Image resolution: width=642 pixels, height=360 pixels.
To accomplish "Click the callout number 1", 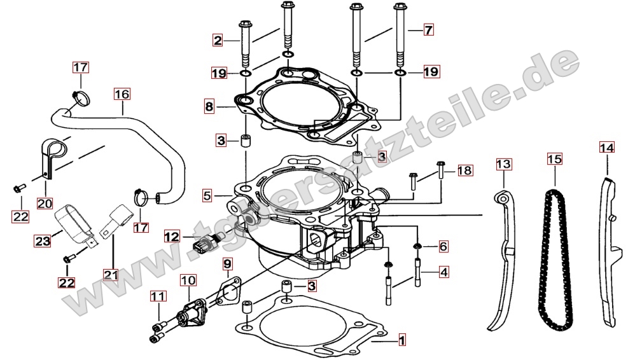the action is coord(401,340).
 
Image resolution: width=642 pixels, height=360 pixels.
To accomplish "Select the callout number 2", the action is coord(218,40).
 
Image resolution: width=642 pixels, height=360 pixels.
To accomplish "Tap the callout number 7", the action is coord(428,29).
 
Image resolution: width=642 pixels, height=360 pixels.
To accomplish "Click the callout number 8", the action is coord(209,107).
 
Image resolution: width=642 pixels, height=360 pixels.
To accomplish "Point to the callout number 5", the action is coord(207,195).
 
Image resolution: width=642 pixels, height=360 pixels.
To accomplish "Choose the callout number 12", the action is coord(172,237).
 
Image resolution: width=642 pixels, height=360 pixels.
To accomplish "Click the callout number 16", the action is coord(122,94).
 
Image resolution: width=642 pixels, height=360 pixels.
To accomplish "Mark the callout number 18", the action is coord(464,170).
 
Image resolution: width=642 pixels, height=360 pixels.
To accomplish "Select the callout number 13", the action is coord(503,164).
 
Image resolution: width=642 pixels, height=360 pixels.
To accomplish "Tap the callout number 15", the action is coord(555,159).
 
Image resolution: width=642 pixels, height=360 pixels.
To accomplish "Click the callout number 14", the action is coord(607,148).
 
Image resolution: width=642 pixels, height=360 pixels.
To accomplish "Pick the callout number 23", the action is coord(43,241).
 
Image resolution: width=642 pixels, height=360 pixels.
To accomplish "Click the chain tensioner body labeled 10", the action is coord(190,312).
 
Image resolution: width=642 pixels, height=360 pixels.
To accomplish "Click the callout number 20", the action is coord(45,203).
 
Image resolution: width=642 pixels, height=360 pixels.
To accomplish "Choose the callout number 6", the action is coord(443,246).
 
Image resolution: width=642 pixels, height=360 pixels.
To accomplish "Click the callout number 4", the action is coord(444,272).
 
